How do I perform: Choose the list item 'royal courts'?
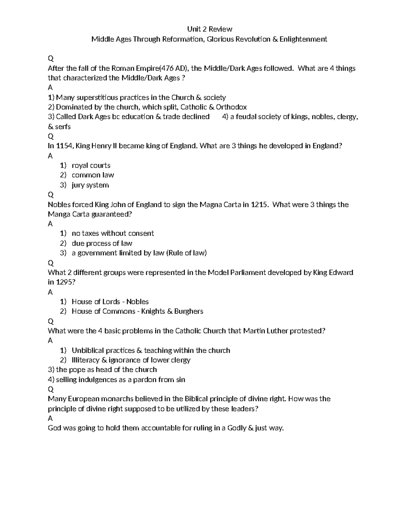pos(91,165)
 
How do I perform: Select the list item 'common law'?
pos(93,175)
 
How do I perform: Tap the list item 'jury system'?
pos(90,185)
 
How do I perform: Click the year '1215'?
pos(260,205)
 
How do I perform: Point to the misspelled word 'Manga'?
pos(58,214)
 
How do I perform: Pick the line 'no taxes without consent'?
pos(113,233)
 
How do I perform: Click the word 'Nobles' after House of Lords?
pos(137,301)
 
